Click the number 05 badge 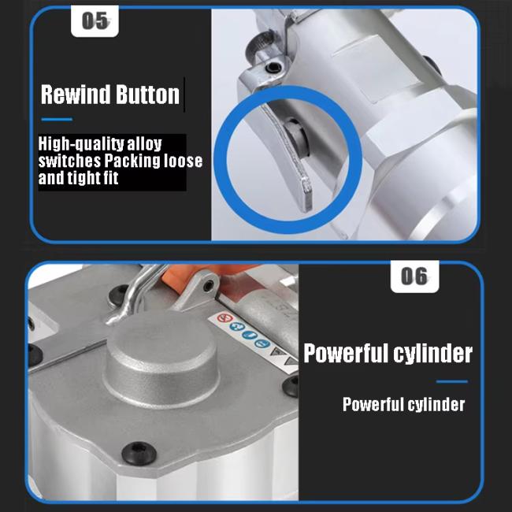point(95,21)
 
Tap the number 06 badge point(414,276)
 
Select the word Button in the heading point(148,95)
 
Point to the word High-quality point(81,143)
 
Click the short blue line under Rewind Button point(57,120)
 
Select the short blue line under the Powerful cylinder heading point(452,381)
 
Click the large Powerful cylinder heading point(388,353)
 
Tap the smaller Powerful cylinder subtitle point(403,404)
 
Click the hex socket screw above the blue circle point(273,68)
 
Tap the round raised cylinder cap point(161,358)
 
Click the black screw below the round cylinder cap point(139,453)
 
